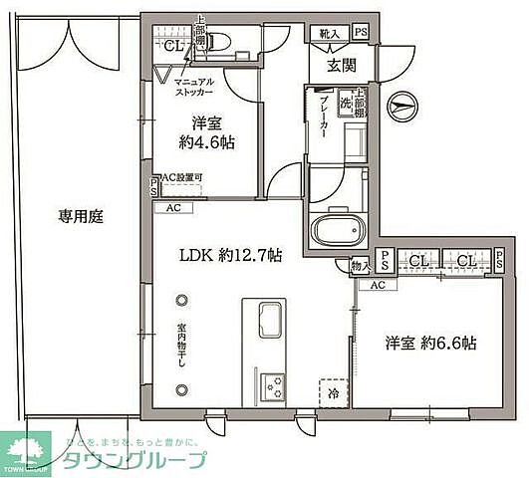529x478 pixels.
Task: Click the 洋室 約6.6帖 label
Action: coord(431,344)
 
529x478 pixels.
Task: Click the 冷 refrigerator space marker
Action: coord(331,392)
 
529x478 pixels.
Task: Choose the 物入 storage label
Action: coord(361,265)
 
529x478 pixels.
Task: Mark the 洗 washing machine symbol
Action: coord(345,105)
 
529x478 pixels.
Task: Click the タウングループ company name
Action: coord(135,460)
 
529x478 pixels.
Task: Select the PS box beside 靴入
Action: coord(360,34)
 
